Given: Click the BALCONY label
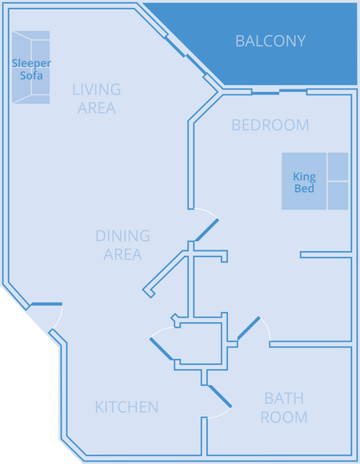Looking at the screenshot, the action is coord(270,41).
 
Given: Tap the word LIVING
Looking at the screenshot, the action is coord(97,90).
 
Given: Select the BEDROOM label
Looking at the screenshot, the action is coord(270,125).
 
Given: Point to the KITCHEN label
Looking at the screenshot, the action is coord(126,407).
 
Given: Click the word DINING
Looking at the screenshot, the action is coord(122,236).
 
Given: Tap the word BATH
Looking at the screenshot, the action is coord(284,398).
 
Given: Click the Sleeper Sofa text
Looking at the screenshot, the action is coord(31,70).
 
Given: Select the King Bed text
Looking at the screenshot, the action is coord(304,182).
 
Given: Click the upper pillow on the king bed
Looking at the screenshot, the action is coord(338,166).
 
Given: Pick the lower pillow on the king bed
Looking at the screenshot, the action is coord(338,196).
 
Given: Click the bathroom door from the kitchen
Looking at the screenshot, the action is coord(220,396).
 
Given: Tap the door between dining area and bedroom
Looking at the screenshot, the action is coord(206,230).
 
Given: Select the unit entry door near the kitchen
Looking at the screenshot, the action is coord(46,304).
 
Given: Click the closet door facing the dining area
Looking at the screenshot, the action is coord(162,349).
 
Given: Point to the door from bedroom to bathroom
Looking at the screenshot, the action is coord(249,328).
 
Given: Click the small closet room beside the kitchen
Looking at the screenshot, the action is coord(201,343).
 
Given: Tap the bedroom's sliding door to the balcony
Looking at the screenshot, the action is coord(279,92).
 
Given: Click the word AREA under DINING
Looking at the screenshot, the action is coord(122,254).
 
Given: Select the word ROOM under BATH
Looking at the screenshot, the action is coord(284,418).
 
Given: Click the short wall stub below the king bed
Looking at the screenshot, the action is coord(326,254).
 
